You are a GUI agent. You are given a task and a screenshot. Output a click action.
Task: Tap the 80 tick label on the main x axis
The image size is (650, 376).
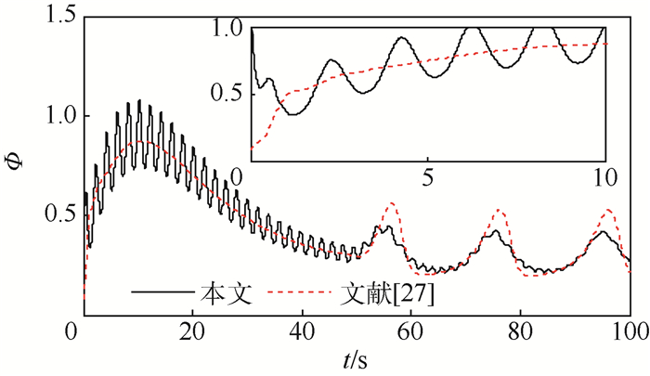pyautogui.click(x=521, y=332)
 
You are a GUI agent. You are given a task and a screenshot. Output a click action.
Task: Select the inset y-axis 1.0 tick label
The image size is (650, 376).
pyautogui.click(x=227, y=30)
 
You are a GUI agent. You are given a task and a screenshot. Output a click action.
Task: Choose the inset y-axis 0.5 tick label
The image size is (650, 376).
pyautogui.click(x=227, y=94)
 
